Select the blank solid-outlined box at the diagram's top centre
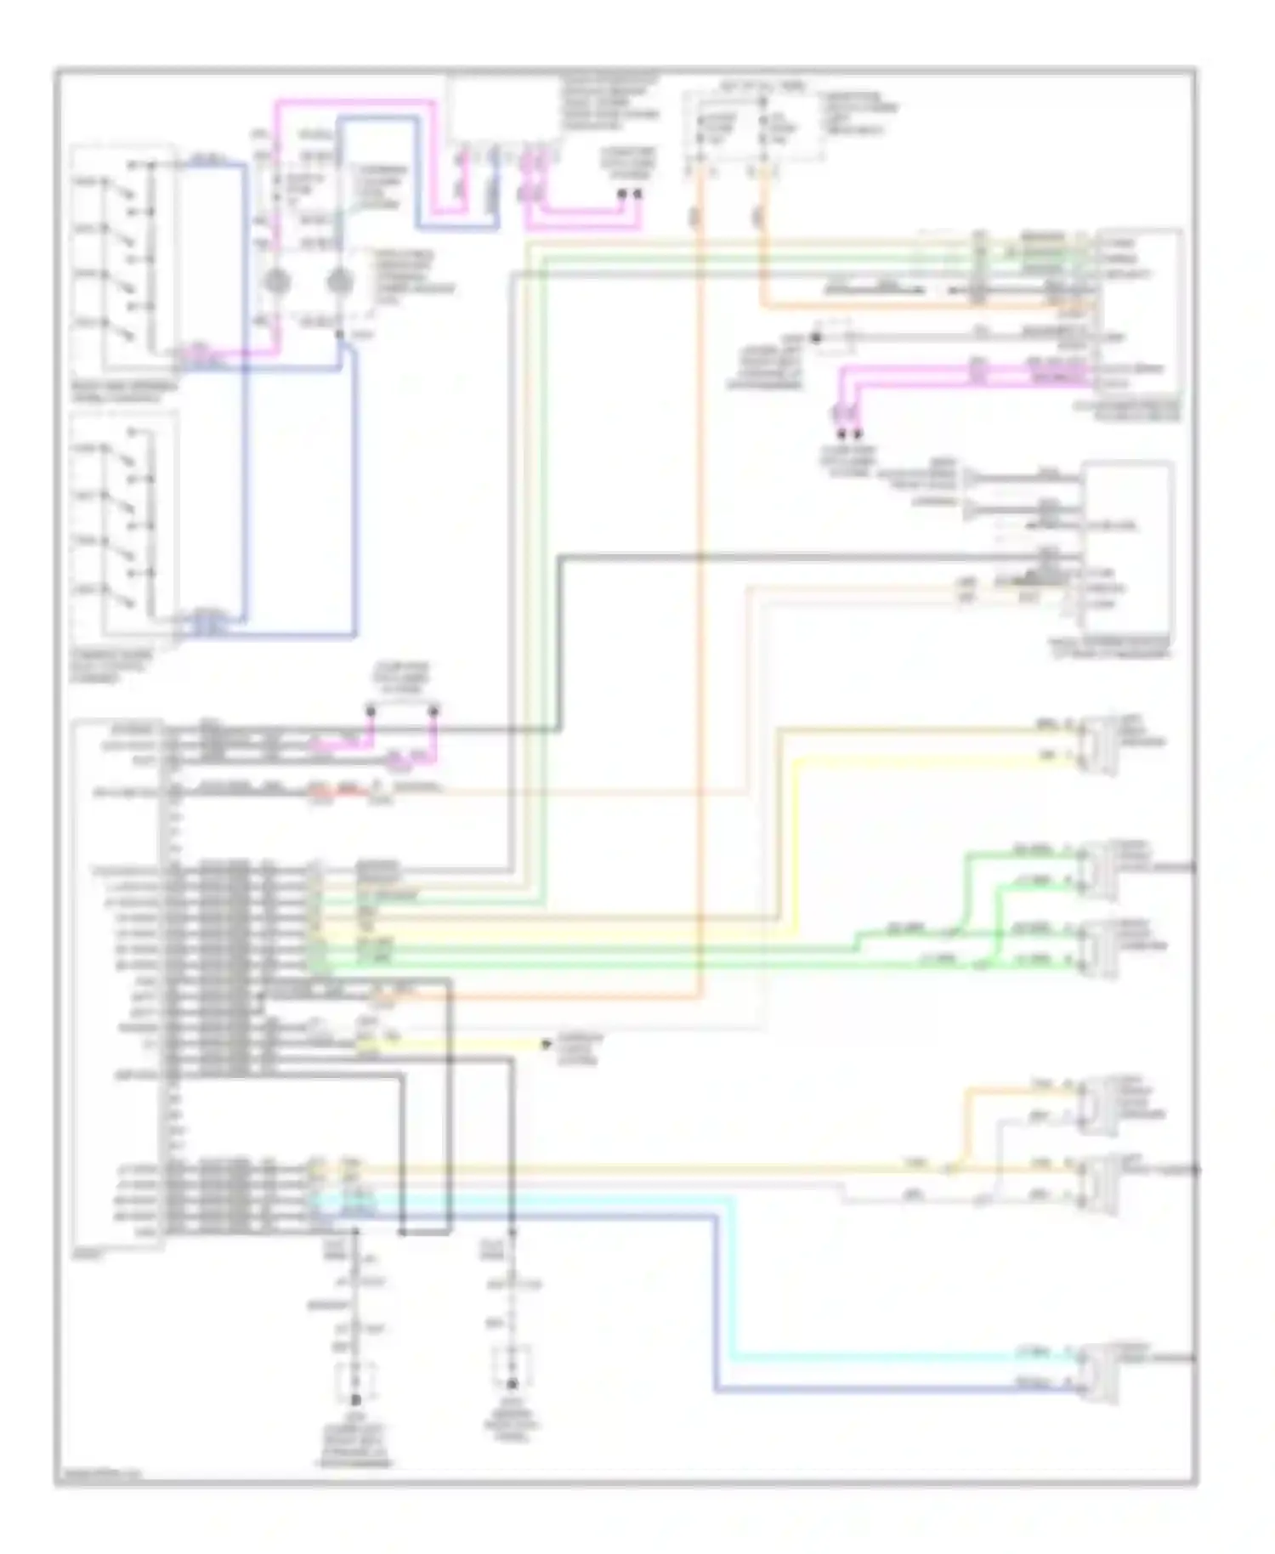502,109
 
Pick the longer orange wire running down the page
700,595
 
